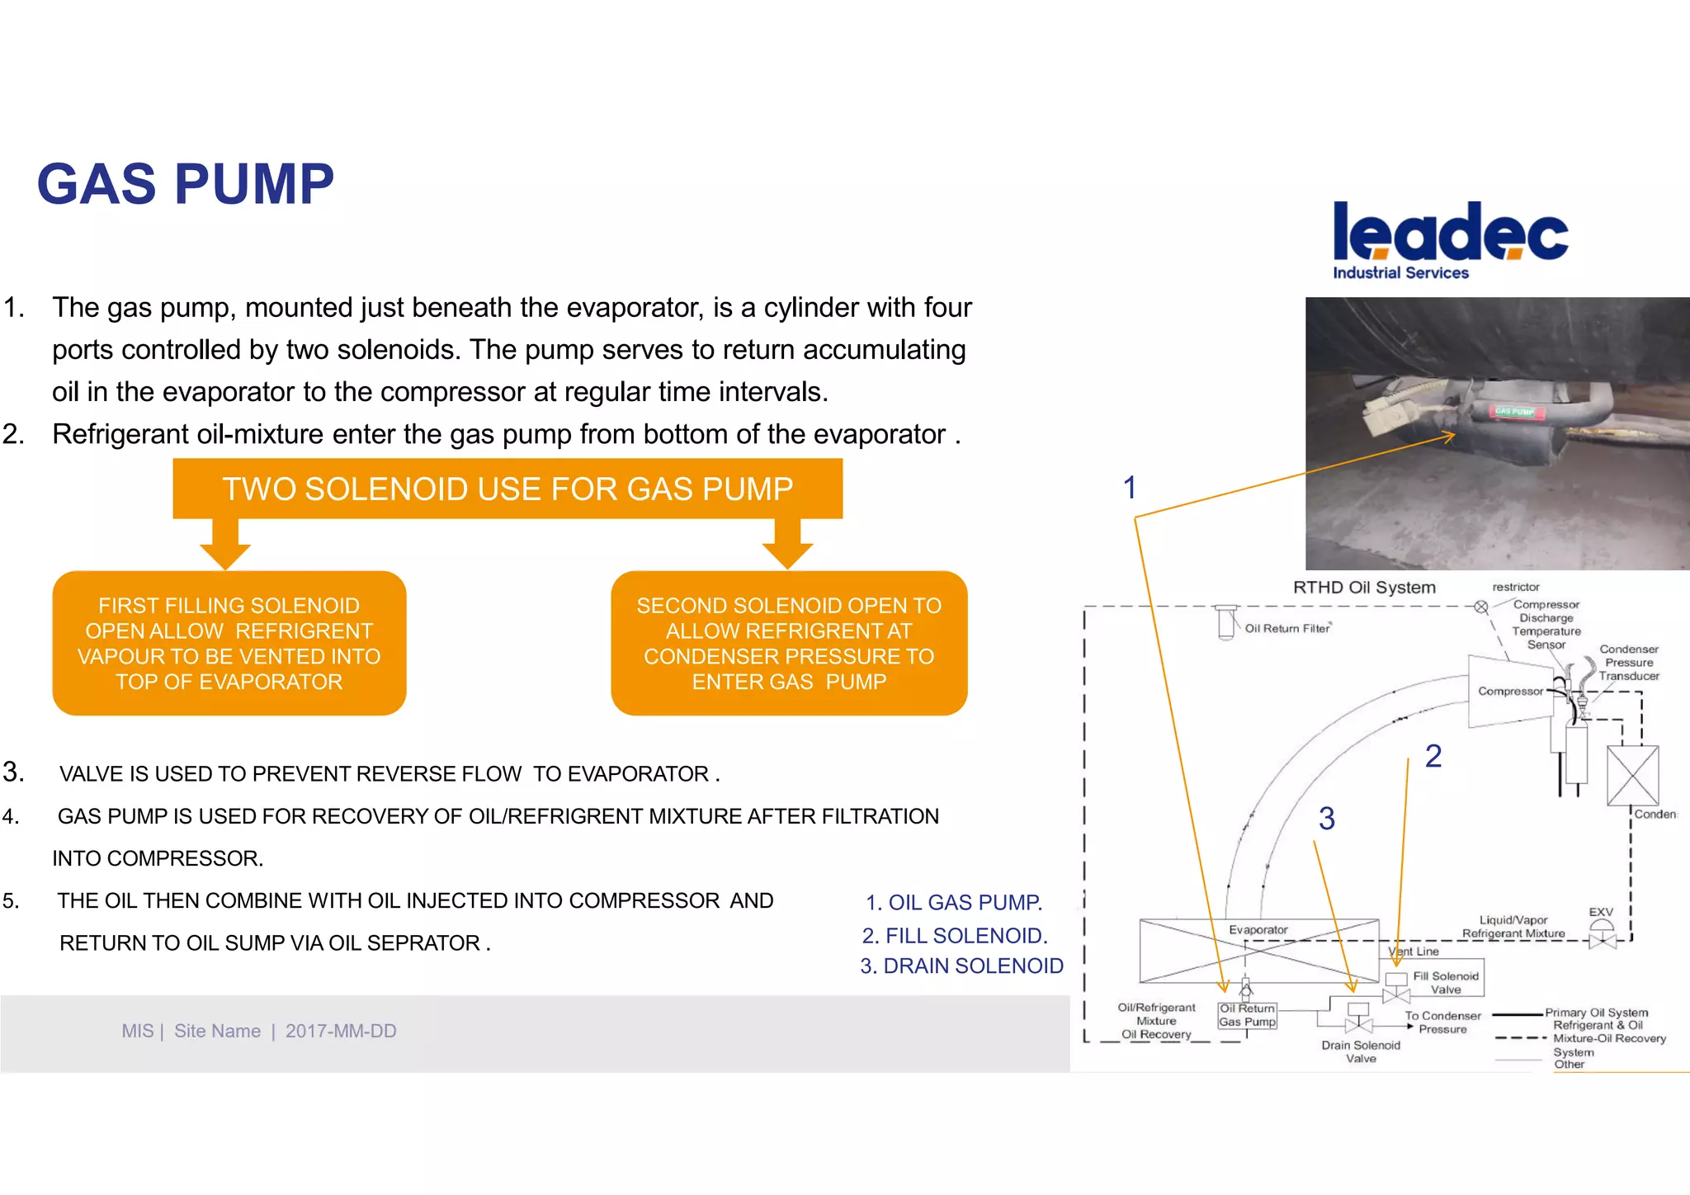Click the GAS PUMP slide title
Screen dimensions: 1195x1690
(x=186, y=184)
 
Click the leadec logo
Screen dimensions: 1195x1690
(x=1450, y=232)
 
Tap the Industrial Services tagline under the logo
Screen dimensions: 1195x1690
(x=1400, y=273)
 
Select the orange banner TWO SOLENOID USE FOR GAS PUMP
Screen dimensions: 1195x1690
(x=507, y=489)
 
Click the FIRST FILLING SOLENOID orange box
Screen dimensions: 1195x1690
(x=229, y=643)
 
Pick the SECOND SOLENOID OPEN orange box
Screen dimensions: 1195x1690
(x=789, y=643)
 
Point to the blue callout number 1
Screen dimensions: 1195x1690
(x=1130, y=488)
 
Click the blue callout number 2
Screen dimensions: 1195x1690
(x=1433, y=756)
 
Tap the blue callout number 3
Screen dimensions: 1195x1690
(x=1326, y=819)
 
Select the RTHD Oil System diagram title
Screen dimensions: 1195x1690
(x=1364, y=588)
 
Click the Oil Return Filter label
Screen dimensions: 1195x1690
(x=1286, y=629)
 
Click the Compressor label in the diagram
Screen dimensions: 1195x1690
(x=1509, y=692)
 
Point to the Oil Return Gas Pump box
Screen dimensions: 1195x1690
(x=1247, y=1015)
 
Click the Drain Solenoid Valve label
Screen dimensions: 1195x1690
(x=1361, y=1051)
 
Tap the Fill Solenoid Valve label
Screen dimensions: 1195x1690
(x=1446, y=982)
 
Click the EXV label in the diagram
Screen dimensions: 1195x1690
(x=1600, y=912)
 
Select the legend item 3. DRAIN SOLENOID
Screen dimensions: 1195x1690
(x=961, y=966)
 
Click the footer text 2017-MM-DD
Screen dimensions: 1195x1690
(x=341, y=1031)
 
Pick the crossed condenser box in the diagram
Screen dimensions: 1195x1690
(x=1632, y=776)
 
